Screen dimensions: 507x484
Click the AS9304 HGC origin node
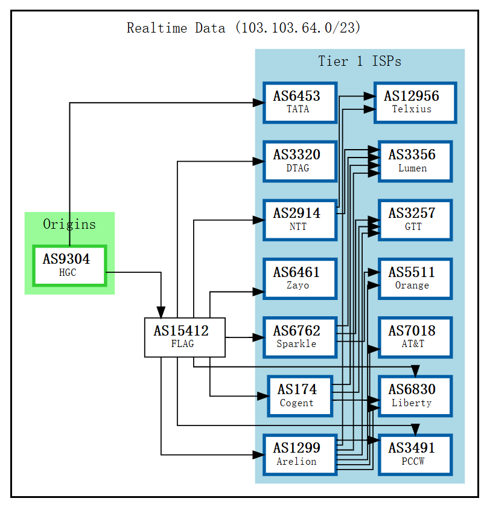(69, 265)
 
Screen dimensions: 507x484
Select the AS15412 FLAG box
(185, 337)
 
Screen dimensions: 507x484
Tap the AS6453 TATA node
(299, 102)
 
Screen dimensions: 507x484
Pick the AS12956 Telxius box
(415, 102)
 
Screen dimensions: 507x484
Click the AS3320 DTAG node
(299, 161)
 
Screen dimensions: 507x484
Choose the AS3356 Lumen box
(415, 161)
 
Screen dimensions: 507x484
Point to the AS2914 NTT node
(299, 219)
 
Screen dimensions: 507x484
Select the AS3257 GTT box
(415, 219)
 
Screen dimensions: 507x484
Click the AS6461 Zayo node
(299, 278)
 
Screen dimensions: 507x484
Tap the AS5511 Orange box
(415, 278)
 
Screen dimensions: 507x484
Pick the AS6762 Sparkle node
(299, 337)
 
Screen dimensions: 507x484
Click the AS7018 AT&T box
(415, 337)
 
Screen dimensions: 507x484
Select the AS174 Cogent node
(299, 395)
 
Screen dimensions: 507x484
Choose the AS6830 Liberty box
(415, 395)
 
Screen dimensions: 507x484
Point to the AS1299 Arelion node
(299, 454)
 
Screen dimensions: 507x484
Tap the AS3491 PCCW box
(415, 454)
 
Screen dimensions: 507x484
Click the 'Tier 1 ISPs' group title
(360, 61)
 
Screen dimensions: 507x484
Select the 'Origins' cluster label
(69, 224)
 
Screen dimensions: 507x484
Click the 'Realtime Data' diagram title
(244, 28)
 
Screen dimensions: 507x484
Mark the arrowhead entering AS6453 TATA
(258, 103)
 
